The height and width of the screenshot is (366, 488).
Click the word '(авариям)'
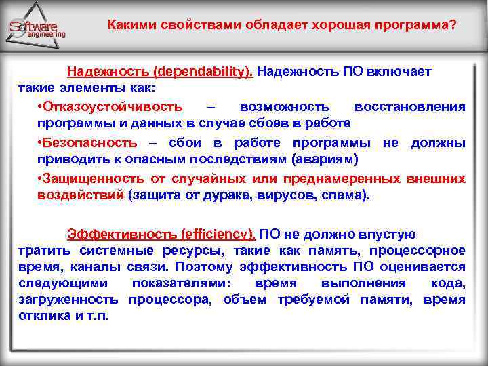coord(323,160)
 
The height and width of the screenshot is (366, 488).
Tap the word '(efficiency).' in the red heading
coord(218,235)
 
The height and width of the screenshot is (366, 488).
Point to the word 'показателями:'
coord(182,283)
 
